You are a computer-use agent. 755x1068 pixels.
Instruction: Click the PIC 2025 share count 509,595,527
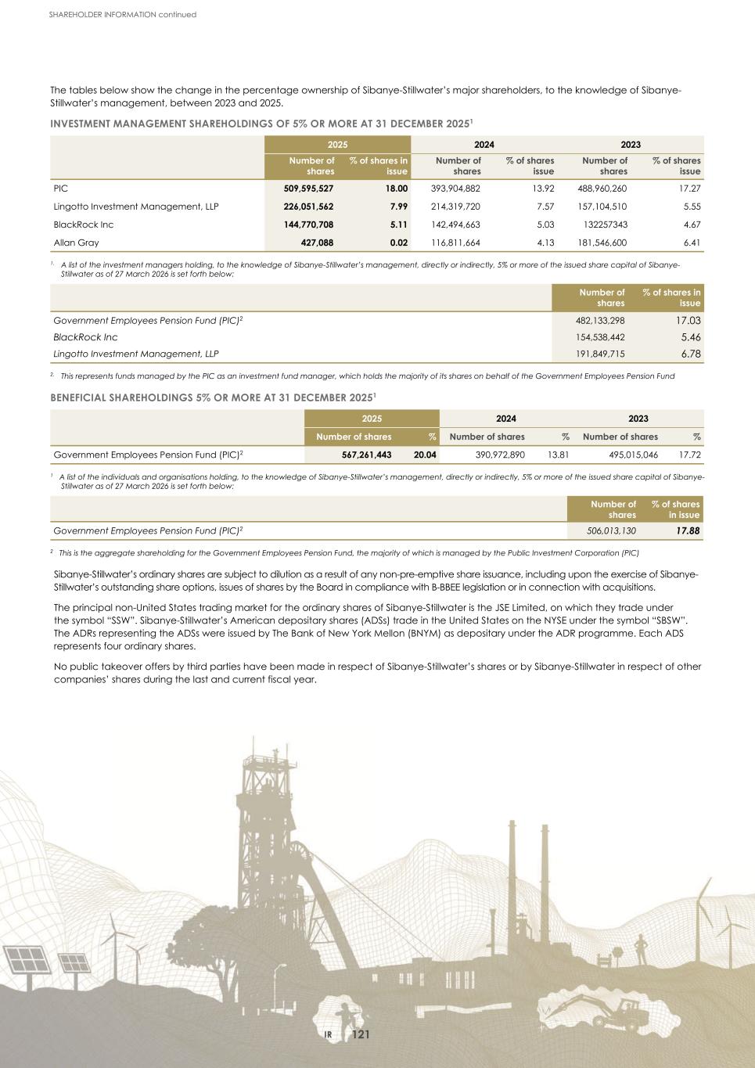[308, 189]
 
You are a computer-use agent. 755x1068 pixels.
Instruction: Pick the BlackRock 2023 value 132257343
[602, 225]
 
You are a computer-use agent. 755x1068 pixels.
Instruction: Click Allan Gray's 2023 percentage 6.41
[691, 243]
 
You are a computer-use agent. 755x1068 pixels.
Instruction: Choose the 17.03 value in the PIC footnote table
[688, 320]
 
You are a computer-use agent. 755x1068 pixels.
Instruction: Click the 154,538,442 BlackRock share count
[599, 338]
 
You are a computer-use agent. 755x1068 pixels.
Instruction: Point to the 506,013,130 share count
[611, 531]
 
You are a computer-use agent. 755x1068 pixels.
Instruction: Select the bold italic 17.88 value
[687, 531]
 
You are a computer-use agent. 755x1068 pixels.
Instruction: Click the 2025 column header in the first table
[337, 145]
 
